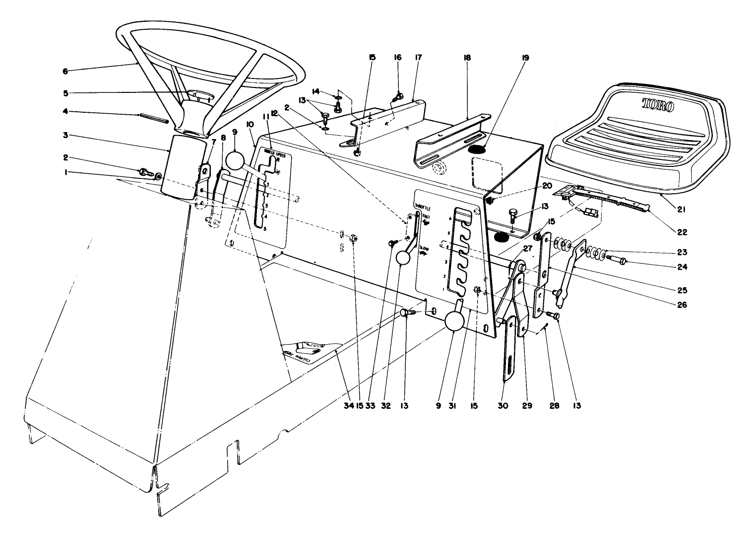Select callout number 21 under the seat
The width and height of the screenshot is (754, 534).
tap(681, 210)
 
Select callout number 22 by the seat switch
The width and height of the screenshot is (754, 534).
tap(681, 232)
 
